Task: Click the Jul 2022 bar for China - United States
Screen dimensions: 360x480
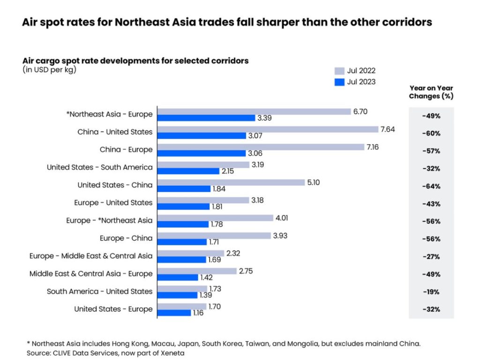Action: [268, 129]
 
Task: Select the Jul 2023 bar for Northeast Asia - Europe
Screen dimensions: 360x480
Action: [206, 118]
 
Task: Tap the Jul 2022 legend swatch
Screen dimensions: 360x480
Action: [339, 71]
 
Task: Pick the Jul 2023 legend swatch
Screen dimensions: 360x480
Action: [339, 82]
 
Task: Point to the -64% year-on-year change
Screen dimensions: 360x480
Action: [431, 186]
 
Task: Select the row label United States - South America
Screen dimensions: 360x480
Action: [99, 167]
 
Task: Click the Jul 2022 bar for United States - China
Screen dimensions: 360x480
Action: [232, 182]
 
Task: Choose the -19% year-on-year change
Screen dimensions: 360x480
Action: [431, 292]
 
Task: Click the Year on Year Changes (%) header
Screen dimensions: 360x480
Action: [431, 92]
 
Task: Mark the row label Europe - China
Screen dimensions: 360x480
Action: [126, 238]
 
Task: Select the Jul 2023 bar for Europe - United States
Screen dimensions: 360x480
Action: [183, 206]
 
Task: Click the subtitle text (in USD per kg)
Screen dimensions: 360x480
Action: [49, 70]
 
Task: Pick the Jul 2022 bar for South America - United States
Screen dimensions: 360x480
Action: [182, 288]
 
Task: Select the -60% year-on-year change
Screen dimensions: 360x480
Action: [431, 133]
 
